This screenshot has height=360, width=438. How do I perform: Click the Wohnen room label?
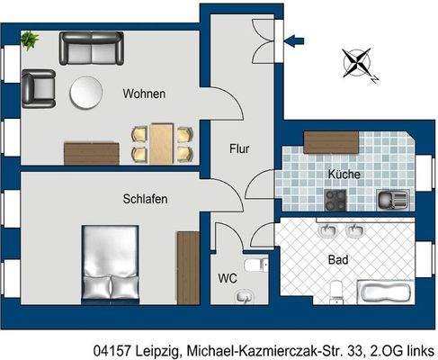point(145,94)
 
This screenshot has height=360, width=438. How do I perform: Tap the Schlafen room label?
point(145,198)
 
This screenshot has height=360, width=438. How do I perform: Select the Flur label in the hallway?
point(238,149)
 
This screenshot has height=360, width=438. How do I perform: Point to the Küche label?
point(344,172)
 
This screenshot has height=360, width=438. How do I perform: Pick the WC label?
point(227,280)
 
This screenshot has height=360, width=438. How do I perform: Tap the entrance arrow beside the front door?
point(299,39)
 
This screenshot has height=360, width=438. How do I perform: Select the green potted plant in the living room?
point(31,40)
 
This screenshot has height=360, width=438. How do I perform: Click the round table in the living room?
point(88,93)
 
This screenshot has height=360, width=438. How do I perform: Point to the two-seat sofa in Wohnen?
point(91,47)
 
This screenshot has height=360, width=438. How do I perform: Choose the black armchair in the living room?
point(39,86)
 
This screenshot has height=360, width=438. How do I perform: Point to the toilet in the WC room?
point(255,265)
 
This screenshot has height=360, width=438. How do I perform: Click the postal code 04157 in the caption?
point(112,348)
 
